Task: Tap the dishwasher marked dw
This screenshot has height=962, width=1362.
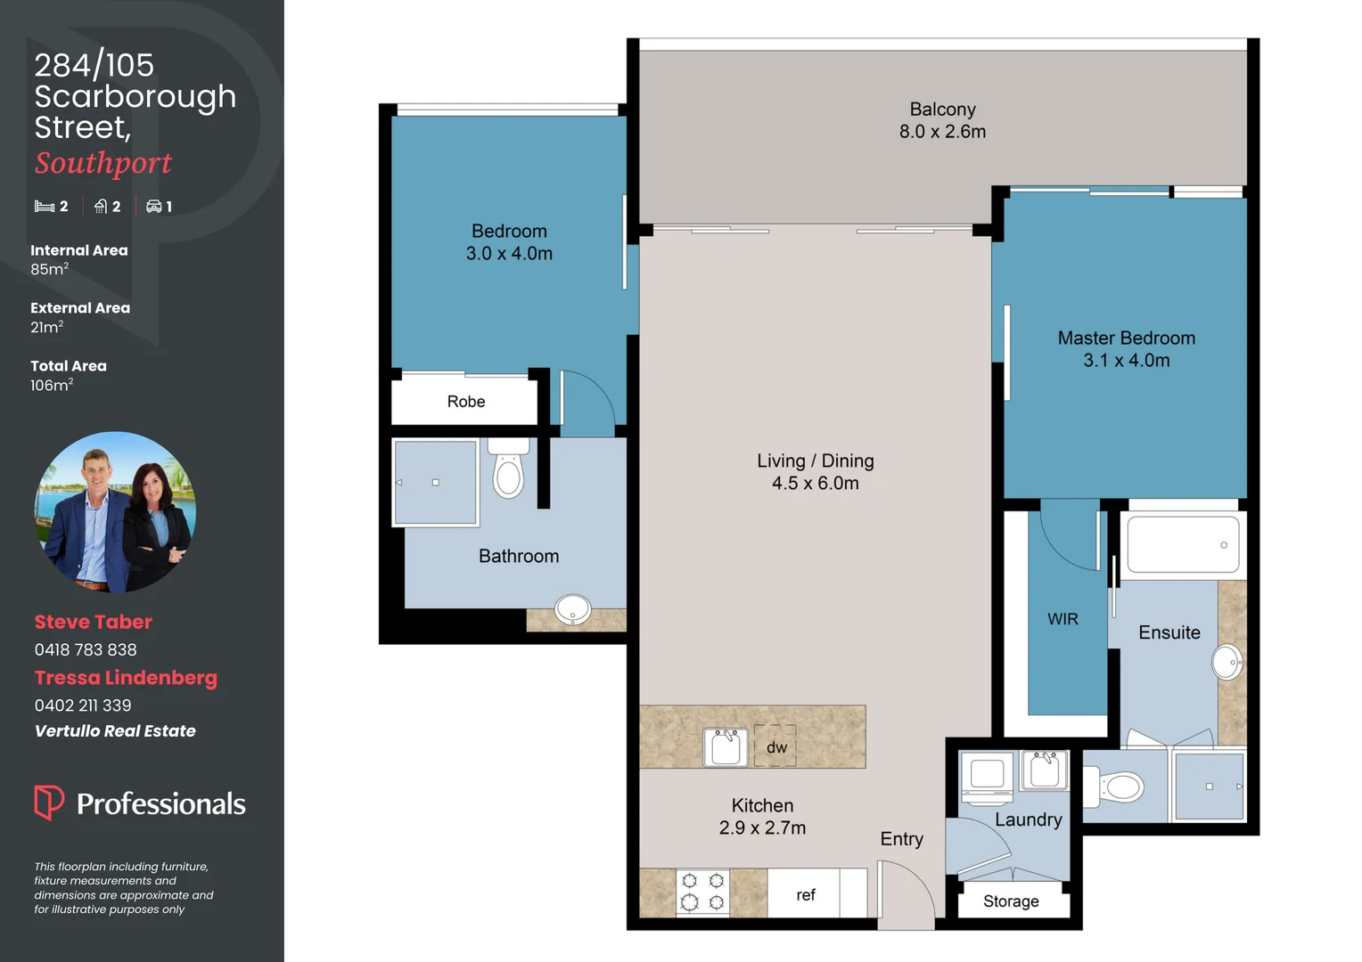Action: click(776, 746)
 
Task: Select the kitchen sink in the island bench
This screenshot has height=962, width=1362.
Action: click(726, 746)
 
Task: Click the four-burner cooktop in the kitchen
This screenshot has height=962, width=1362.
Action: click(702, 892)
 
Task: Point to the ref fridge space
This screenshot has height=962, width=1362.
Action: click(806, 894)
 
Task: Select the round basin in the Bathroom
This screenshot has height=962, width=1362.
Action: click(572, 609)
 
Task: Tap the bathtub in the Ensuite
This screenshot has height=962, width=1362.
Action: click(1183, 544)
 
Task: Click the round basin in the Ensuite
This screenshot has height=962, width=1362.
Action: click(1227, 662)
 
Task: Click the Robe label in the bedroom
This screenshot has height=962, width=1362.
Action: click(466, 402)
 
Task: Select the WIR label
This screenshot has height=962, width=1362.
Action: click(1063, 619)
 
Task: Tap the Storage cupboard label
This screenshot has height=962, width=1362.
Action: click(1011, 901)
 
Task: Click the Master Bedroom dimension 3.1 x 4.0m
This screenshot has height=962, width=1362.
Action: click(1126, 361)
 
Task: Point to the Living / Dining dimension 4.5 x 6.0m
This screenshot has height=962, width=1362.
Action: click(815, 484)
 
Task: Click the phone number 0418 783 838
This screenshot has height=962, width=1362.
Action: click(86, 650)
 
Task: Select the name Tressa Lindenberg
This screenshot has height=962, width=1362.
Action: click(126, 678)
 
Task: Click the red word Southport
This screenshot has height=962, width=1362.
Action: click(103, 163)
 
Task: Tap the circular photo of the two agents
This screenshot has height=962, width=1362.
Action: click(115, 512)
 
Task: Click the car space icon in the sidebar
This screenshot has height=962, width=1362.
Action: click(154, 207)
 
